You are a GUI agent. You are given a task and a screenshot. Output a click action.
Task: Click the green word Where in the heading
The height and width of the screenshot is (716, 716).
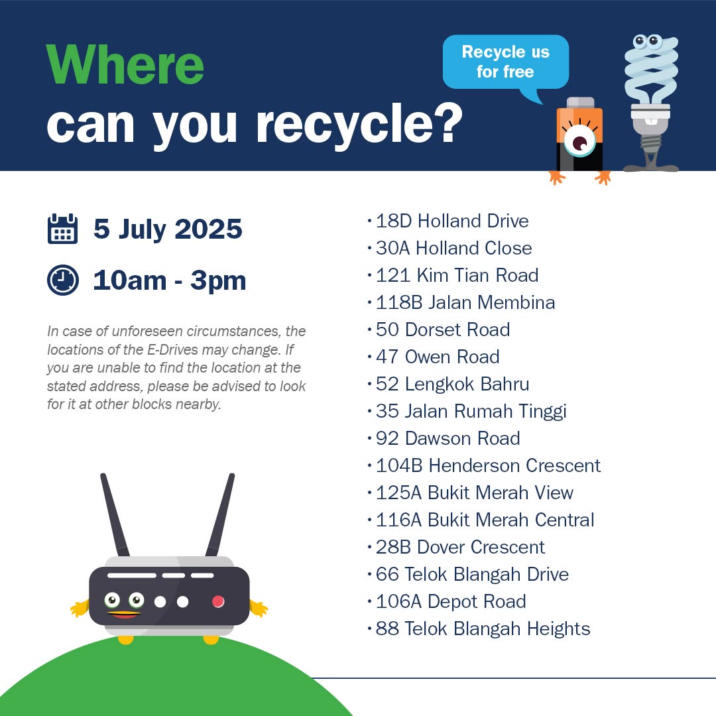tap(125, 64)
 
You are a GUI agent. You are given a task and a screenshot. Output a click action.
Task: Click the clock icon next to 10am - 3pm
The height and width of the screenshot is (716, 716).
tap(62, 280)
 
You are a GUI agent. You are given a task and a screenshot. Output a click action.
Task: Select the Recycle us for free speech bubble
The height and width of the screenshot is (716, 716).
tap(505, 63)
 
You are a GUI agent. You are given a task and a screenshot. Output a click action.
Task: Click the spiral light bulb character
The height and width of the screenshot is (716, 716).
tap(651, 102)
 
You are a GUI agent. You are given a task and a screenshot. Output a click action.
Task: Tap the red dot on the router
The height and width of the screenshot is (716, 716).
tap(218, 601)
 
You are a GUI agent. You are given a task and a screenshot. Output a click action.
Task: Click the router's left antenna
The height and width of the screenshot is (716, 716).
tap(115, 514)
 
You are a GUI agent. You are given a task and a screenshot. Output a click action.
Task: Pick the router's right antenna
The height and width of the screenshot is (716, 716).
tap(220, 514)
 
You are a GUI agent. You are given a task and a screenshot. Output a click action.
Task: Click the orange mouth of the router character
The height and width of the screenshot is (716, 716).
tap(123, 614)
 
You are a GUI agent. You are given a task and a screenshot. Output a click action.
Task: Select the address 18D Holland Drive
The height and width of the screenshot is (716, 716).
tap(452, 221)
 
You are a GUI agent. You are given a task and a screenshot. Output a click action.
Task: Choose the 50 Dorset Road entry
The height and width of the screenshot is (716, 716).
tap(442, 329)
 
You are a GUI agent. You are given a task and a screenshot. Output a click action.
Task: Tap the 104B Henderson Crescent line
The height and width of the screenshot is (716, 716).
tap(488, 466)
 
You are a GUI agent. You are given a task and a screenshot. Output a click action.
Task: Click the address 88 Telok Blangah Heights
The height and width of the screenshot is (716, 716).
tap(483, 628)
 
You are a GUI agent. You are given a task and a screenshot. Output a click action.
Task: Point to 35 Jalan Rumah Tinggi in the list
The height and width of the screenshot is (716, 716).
tap(471, 412)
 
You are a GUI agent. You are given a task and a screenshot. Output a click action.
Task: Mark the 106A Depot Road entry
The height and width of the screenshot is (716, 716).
tap(451, 601)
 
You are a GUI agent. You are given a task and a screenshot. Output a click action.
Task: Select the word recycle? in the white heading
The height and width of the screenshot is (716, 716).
tap(359, 123)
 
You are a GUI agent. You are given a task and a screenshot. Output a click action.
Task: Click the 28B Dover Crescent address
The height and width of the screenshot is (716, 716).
tap(460, 547)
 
